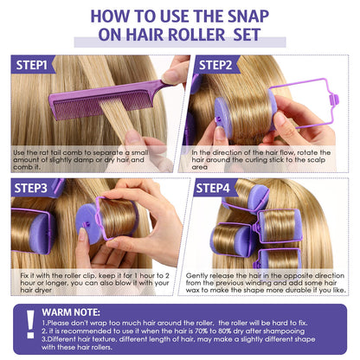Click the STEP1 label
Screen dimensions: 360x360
[x=32, y=65]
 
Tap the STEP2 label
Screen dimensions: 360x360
[x=215, y=65]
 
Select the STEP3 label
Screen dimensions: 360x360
[x=30, y=188]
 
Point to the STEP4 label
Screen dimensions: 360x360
[x=213, y=188]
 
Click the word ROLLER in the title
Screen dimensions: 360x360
[x=196, y=35]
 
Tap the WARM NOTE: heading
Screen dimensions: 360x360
[x=71, y=312]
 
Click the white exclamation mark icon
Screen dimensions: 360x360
[x=30, y=324]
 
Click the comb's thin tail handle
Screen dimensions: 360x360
[x=165, y=84]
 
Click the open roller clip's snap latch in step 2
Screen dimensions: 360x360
[x=335, y=100]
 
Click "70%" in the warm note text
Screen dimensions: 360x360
[x=196, y=331]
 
